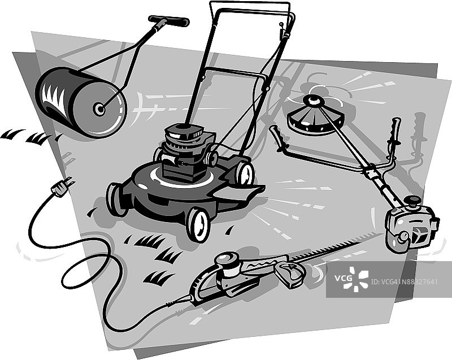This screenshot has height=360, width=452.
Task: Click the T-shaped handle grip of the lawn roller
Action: (169, 21)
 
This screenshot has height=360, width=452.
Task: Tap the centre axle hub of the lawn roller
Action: (99, 109)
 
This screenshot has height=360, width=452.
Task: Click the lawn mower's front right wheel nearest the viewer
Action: (198, 224)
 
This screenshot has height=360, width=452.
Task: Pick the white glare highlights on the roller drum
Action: (53, 95)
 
